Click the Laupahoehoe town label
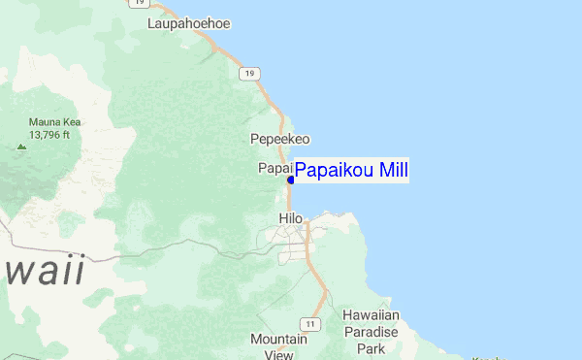[x=189, y=23]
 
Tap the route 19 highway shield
[x=250, y=74]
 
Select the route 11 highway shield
[x=309, y=323]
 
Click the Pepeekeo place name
[x=279, y=140]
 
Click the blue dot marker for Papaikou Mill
[x=291, y=180]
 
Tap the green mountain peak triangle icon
[x=21, y=147]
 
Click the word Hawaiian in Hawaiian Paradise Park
[x=371, y=315]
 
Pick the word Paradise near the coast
[x=371, y=331]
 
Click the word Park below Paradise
[x=371, y=347]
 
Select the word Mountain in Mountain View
[x=278, y=340]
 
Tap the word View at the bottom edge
[x=278, y=354]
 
